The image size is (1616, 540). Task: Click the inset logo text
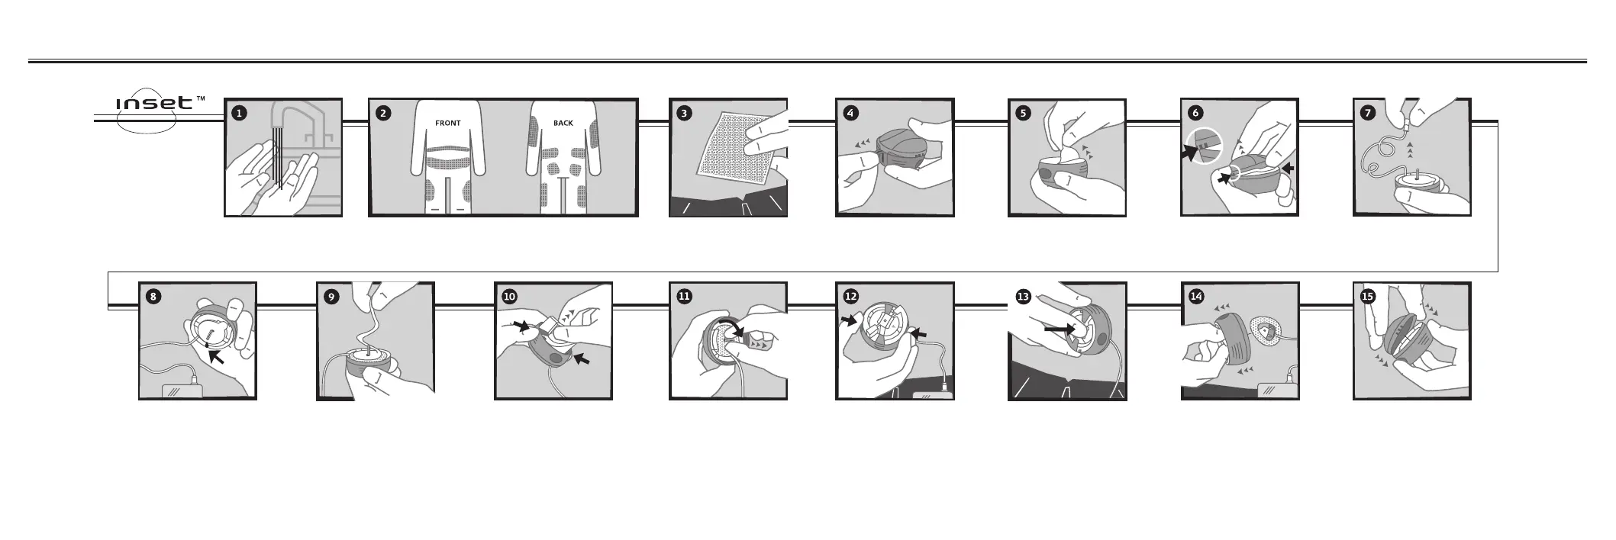click(x=154, y=103)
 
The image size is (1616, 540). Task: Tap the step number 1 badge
click(x=240, y=113)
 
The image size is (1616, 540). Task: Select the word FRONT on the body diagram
click(x=448, y=123)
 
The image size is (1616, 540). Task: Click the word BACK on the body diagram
click(x=563, y=123)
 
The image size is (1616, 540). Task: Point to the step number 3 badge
click(x=685, y=113)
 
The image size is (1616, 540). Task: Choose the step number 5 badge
click(x=1024, y=113)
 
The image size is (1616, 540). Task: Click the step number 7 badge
click(x=1368, y=113)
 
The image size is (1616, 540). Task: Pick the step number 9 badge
click(x=332, y=297)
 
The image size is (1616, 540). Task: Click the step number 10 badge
click(x=510, y=297)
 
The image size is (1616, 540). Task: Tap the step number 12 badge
click(x=851, y=297)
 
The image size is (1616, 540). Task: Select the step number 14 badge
click(x=1196, y=297)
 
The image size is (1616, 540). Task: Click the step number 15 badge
click(x=1368, y=297)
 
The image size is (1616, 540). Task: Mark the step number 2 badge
click(x=384, y=113)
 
